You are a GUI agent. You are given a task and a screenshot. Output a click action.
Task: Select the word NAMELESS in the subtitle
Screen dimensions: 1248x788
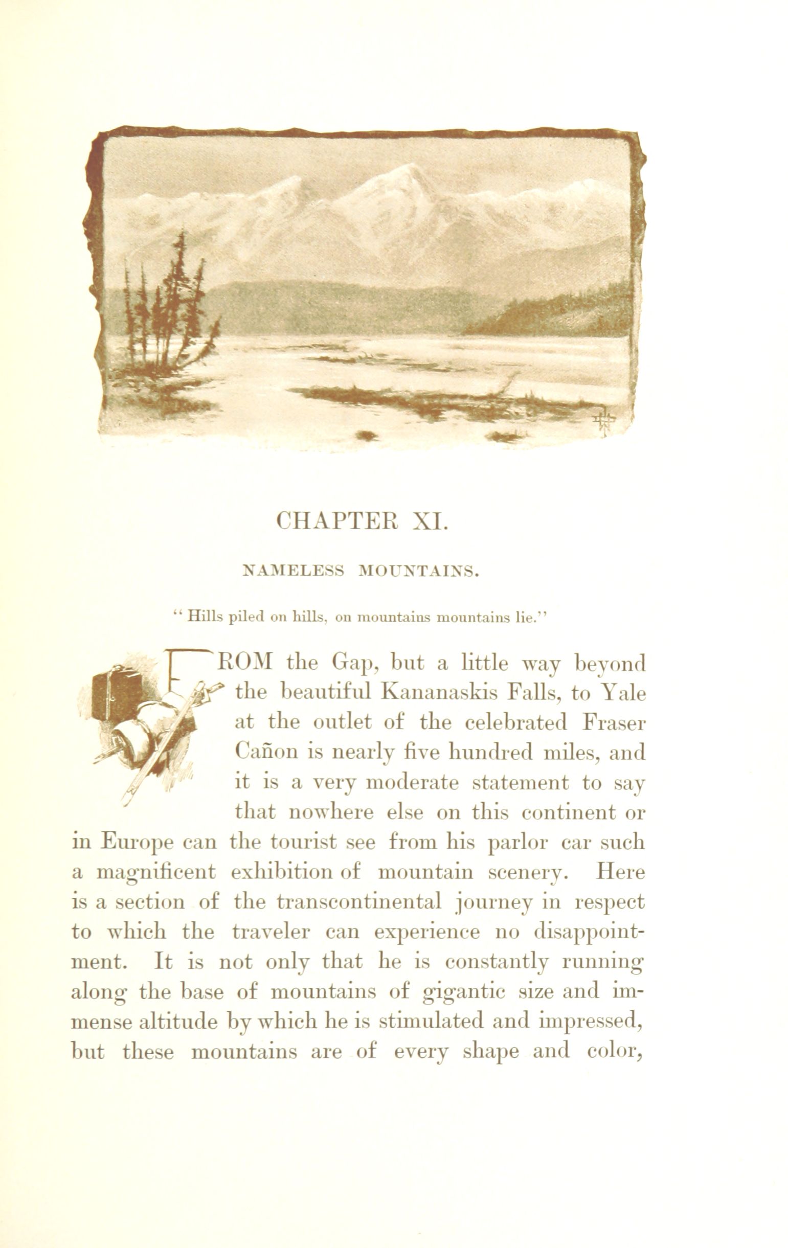(x=294, y=572)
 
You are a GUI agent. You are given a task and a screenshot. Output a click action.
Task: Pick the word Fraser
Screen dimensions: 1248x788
(x=614, y=723)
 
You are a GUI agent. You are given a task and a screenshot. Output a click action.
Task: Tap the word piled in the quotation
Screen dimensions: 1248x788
(x=246, y=617)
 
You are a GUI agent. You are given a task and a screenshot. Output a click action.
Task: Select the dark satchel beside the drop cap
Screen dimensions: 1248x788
(x=117, y=694)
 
